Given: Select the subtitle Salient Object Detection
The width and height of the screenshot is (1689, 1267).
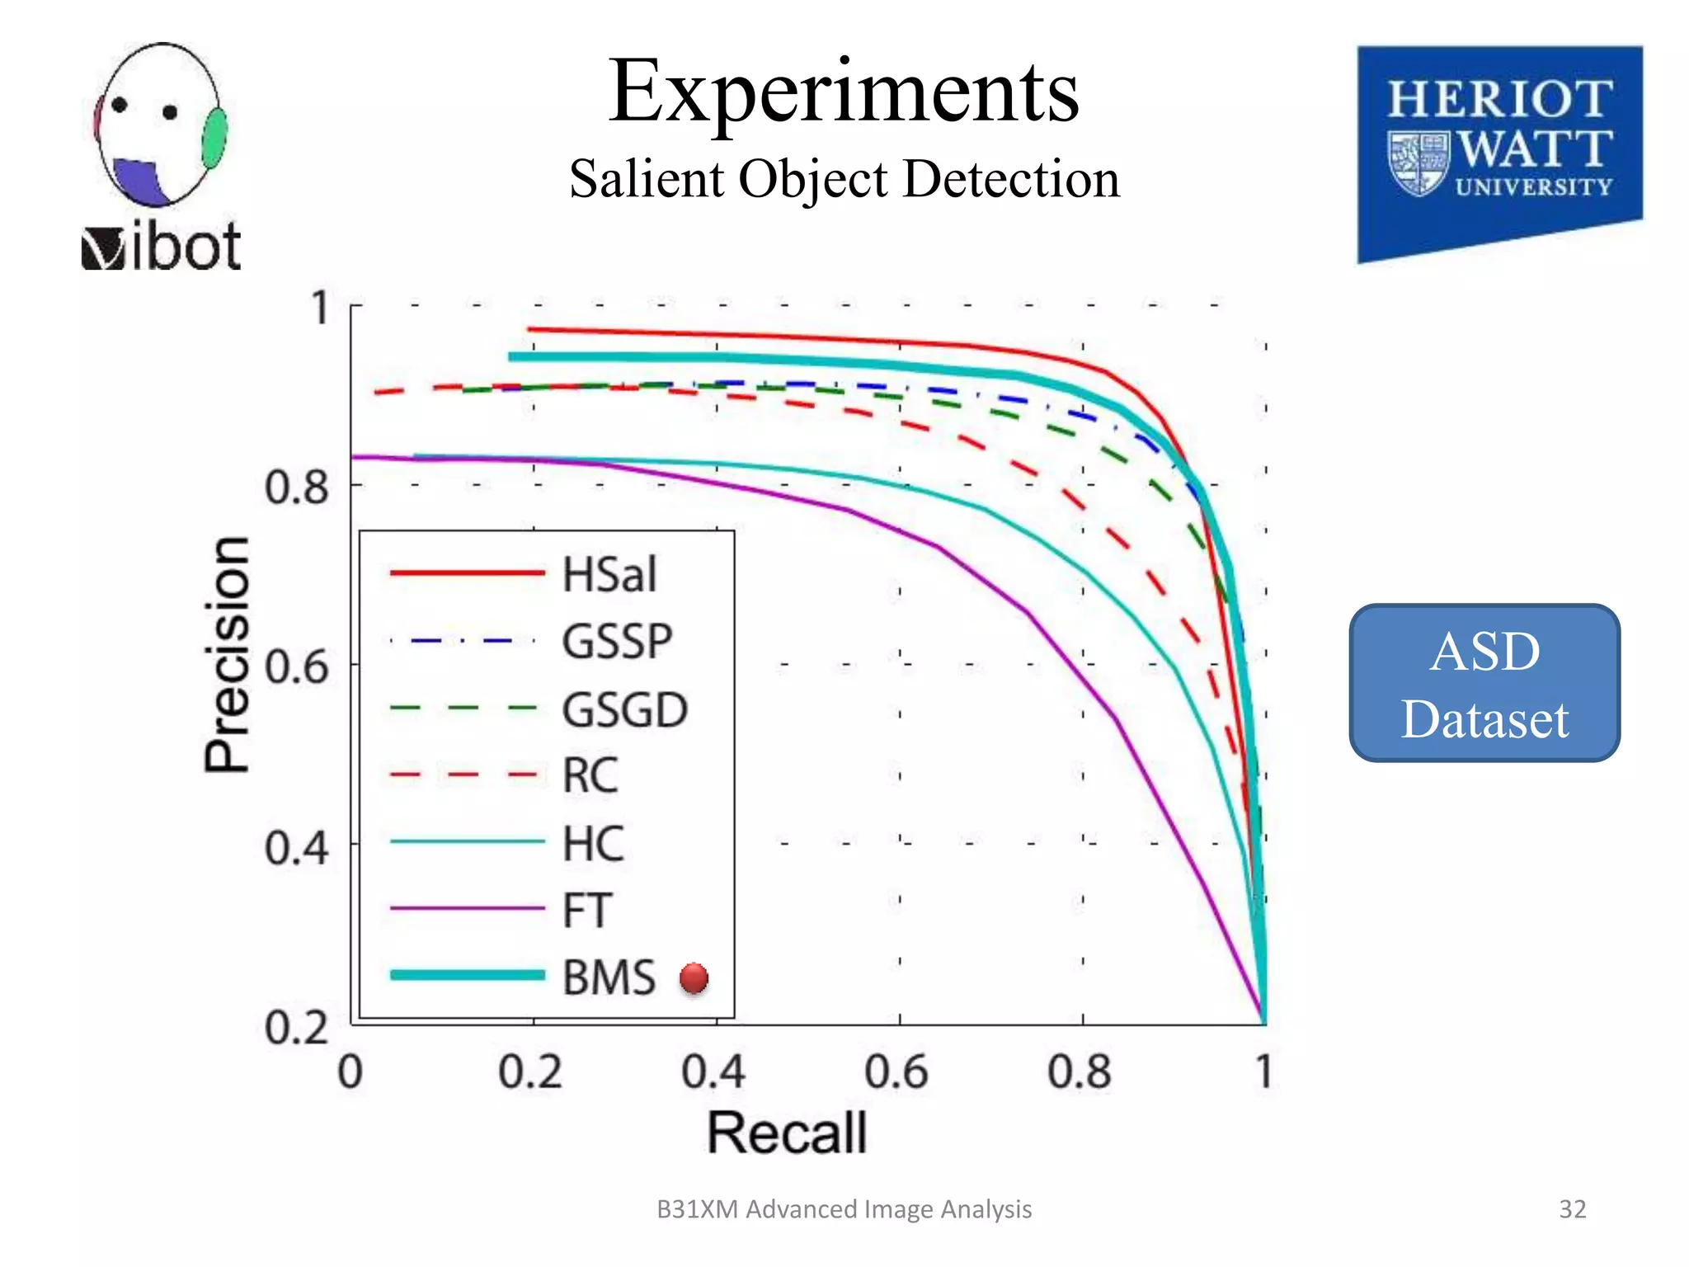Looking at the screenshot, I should [x=844, y=179].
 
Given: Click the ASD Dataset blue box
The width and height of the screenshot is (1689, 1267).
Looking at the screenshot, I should [x=1484, y=683].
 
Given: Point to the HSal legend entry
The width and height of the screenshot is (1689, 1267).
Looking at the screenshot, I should [x=609, y=574].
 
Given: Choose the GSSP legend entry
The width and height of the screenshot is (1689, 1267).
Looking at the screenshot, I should [x=617, y=641].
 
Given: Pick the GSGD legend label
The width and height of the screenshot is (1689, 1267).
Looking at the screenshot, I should [x=624, y=709].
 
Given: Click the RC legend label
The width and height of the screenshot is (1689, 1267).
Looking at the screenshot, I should [x=590, y=775].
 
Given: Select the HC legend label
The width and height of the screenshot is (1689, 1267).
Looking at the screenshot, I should [x=593, y=844].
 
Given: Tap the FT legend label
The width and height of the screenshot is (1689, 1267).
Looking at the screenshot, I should [x=586, y=911].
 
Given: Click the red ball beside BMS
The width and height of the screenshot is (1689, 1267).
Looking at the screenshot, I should [x=694, y=978].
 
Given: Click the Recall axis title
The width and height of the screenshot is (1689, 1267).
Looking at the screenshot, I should [x=787, y=1132].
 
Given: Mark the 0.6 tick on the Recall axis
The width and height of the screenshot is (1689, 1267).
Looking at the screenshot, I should [x=896, y=1072].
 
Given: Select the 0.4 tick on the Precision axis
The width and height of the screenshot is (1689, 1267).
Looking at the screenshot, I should [x=297, y=847].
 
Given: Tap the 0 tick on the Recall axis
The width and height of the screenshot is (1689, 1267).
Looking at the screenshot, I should [x=351, y=1072].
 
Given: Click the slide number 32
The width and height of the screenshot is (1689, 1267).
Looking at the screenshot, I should [x=1572, y=1208].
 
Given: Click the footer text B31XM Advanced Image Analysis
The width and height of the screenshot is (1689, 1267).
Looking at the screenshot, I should [x=844, y=1208].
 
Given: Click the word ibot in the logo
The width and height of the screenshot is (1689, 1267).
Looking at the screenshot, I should [x=186, y=247].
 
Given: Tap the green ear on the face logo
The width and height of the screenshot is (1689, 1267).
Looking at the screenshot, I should [x=214, y=137].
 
